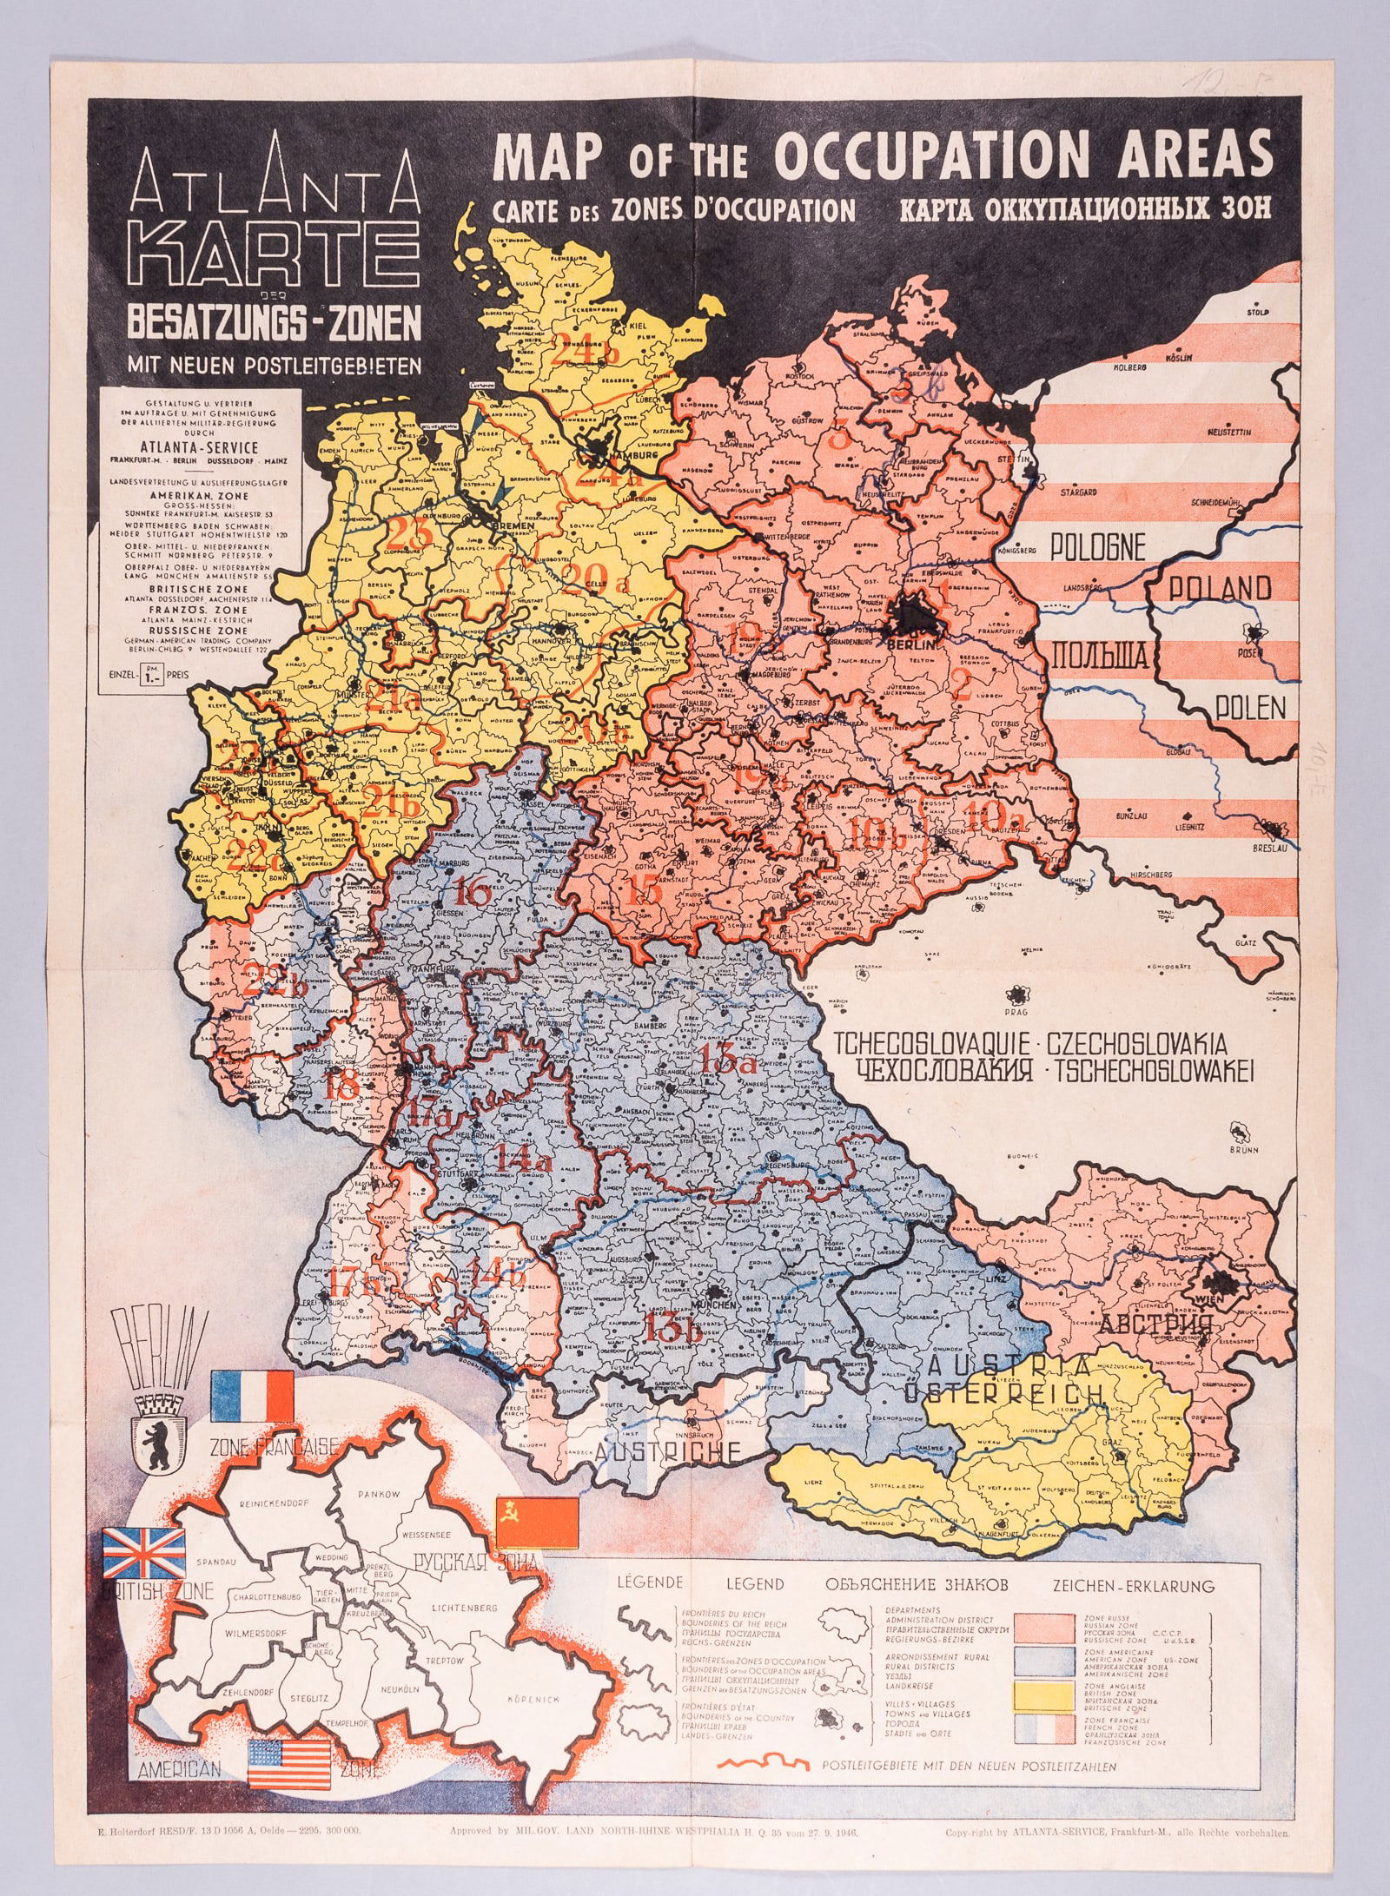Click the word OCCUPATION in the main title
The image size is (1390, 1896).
click(930, 156)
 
